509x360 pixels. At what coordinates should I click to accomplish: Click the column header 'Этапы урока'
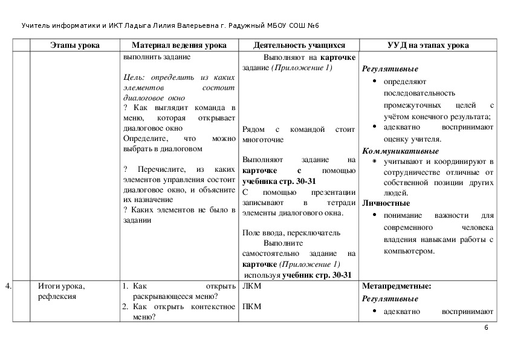point(75,45)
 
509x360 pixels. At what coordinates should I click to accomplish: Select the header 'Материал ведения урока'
point(179,45)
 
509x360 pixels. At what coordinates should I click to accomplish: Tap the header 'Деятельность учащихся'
point(299,45)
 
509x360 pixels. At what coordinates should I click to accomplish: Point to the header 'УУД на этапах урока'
point(427,45)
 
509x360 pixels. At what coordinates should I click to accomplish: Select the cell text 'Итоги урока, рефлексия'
point(61,291)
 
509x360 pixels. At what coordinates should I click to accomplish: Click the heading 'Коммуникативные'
point(400,151)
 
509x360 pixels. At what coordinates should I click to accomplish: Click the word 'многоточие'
point(262,139)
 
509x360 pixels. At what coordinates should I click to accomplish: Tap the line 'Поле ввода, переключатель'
point(291,233)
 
